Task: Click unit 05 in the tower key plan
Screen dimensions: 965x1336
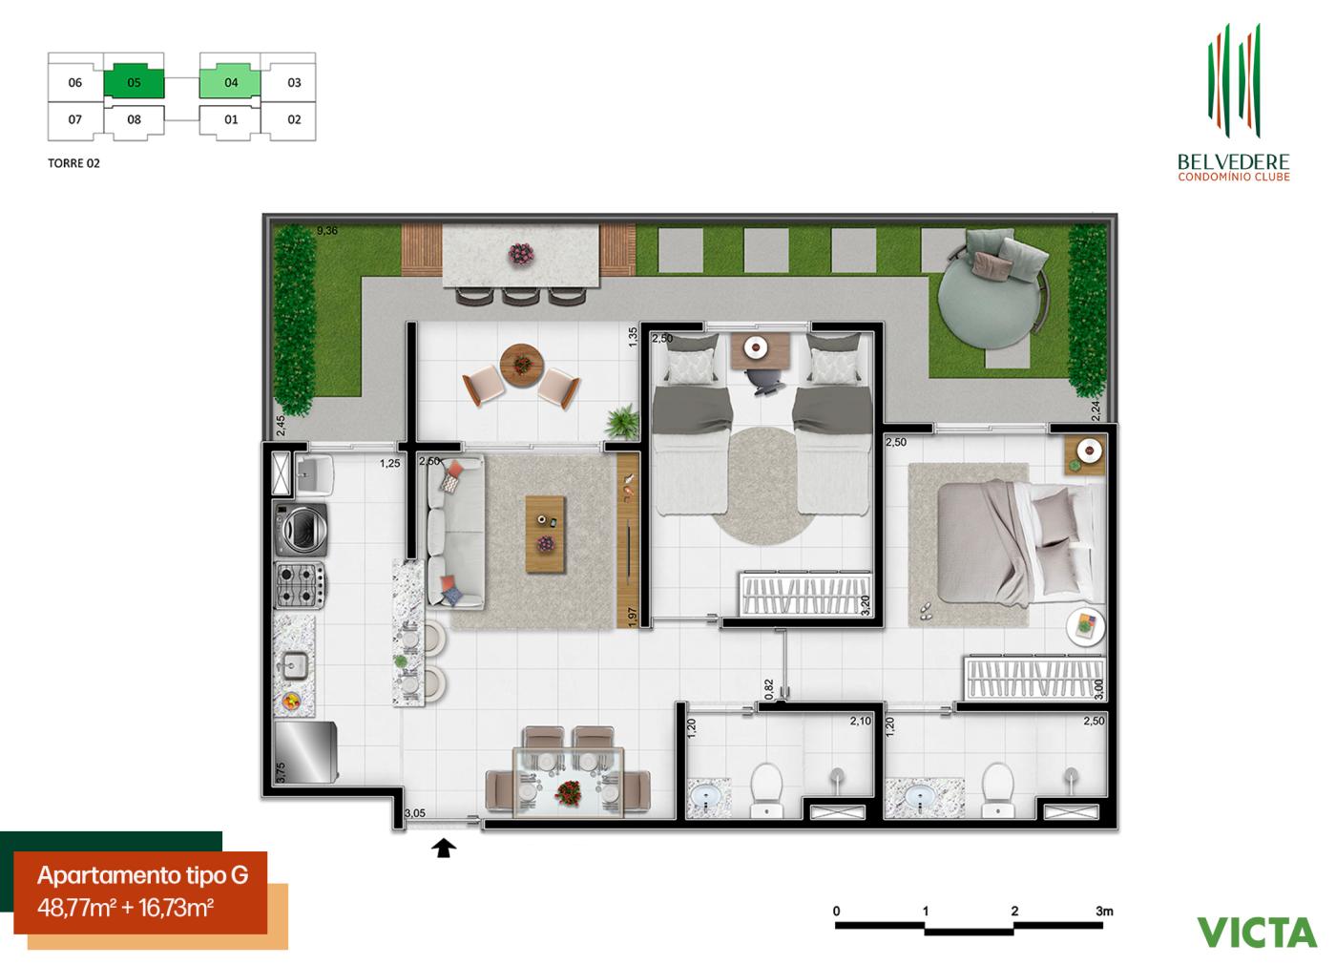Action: coord(134,82)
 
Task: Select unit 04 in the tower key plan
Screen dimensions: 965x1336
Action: coord(230,82)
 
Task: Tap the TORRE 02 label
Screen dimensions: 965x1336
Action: coord(73,163)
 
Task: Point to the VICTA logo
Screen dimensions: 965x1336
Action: coord(1256,932)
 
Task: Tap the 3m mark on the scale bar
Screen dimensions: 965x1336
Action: coord(1104,912)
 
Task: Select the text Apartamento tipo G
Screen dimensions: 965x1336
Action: coord(142,875)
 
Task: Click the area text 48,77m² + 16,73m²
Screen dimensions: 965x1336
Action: coord(125,907)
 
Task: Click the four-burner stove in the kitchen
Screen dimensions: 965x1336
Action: coord(300,585)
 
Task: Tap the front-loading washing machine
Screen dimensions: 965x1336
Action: coord(301,528)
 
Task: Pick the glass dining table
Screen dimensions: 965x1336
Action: coord(569,781)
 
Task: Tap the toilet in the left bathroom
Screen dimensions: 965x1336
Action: coord(766,788)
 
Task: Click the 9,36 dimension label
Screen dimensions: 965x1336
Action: coord(327,230)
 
